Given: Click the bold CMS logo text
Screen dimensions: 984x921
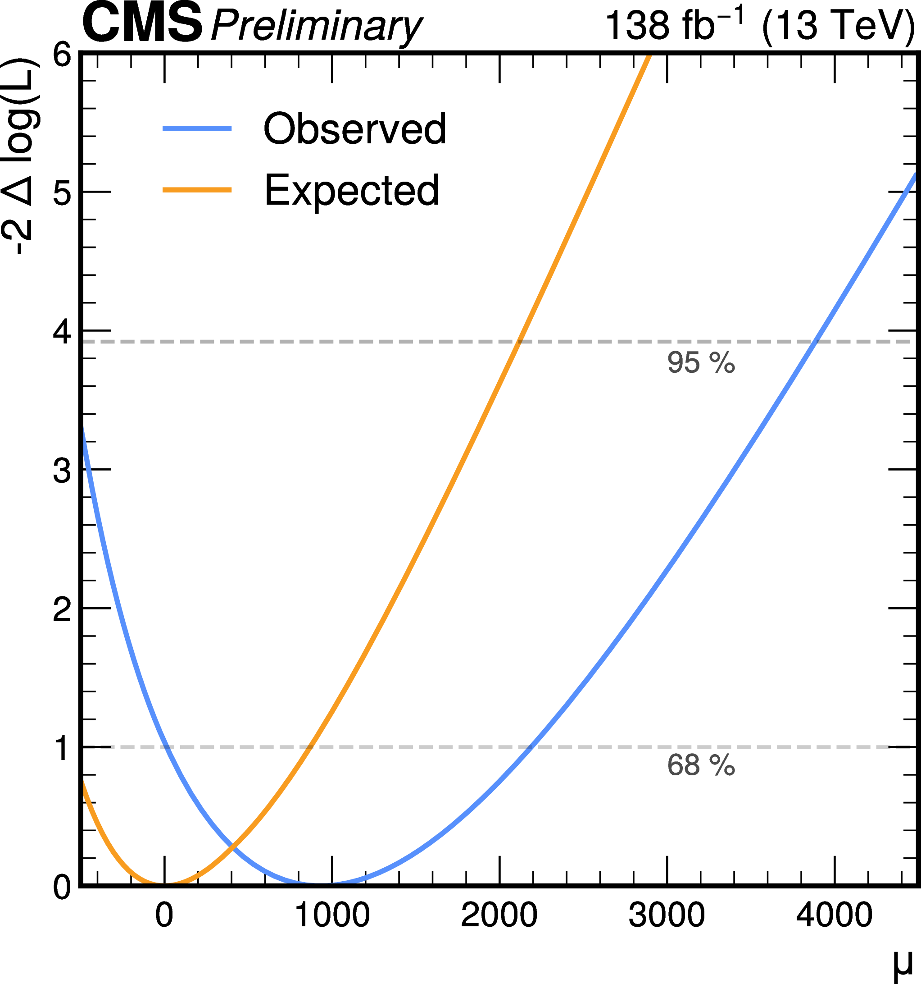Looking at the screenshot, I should (x=142, y=24).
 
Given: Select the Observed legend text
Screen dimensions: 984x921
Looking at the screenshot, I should (x=354, y=129).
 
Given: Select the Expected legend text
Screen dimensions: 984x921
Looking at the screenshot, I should (x=352, y=190).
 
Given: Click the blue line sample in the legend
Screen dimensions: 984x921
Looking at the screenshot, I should (x=197, y=129).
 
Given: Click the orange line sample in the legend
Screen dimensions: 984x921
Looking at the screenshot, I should (x=197, y=190).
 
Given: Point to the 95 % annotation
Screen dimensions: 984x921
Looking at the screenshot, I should (x=701, y=363).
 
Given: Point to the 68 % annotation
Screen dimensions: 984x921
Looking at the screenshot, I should (x=701, y=765).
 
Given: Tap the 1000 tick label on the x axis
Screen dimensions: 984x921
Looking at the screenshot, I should (x=332, y=915).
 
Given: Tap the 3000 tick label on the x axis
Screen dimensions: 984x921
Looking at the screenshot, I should (x=667, y=915).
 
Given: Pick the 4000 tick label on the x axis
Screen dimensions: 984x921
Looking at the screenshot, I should (x=835, y=915).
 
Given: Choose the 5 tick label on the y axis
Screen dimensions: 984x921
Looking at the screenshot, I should (x=62, y=192).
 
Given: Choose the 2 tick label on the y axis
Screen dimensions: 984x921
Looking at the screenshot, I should (x=62, y=610).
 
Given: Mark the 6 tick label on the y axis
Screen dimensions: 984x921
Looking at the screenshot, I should (x=62, y=55).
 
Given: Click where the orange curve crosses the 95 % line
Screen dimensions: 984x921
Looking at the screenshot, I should (x=519, y=342).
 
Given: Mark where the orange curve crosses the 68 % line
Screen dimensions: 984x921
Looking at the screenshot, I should (x=309, y=747).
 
